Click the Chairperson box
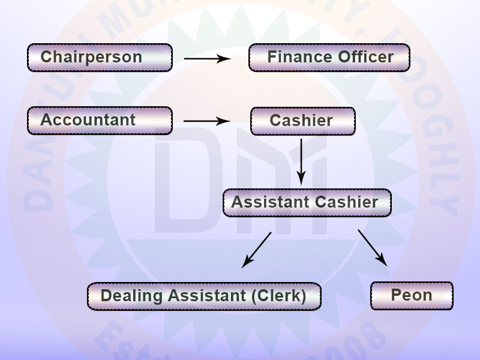[x=100, y=58]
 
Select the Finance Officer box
[x=329, y=58]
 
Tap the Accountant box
[x=100, y=120]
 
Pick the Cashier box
[x=302, y=121]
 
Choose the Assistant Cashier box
[x=307, y=202]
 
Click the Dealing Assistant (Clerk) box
[x=204, y=296]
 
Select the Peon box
[x=412, y=295]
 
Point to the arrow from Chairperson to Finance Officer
[x=207, y=59]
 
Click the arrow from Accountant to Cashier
[x=207, y=121]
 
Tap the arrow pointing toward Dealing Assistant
[x=256, y=249]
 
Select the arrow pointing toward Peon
[x=372, y=246]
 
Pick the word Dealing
[x=132, y=296]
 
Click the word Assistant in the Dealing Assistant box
[x=207, y=296]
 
